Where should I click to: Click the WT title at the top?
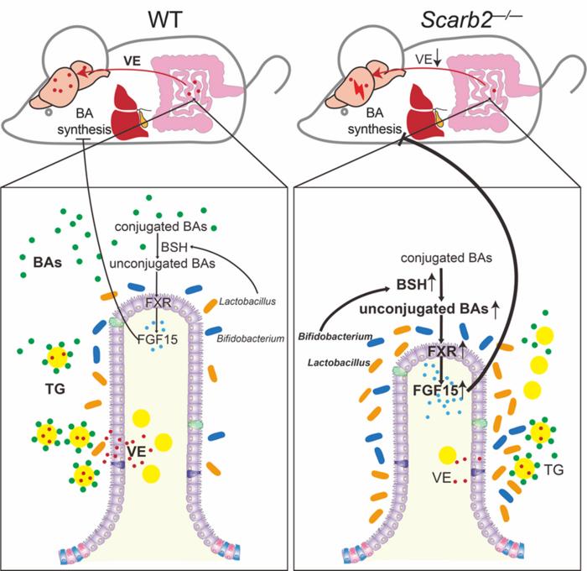click(x=152, y=18)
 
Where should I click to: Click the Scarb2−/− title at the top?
click(x=439, y=18)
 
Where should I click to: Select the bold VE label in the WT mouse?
click(x=131, y=61)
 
